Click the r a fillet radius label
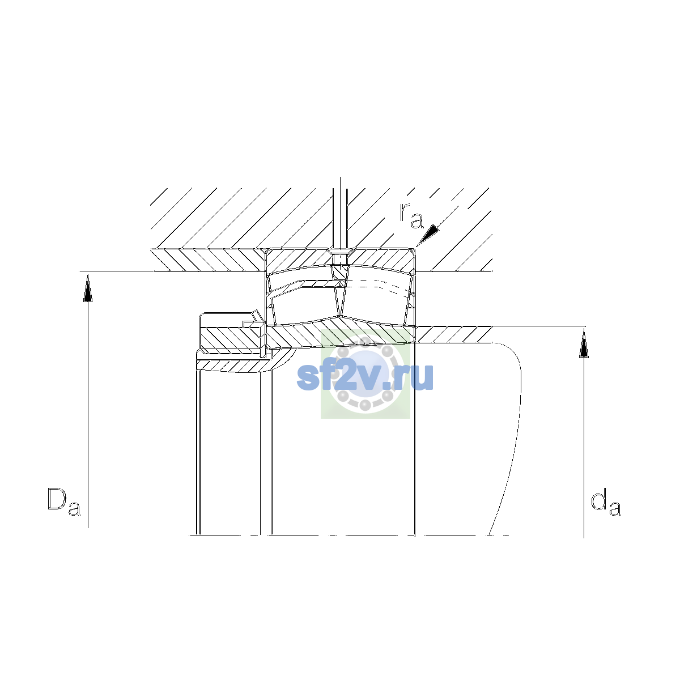pyautogui.click(x=411, y=215)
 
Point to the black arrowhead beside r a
pyautogui.click(x=428, y=234)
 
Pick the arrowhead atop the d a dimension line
pyautogui.click(x=584, y=343)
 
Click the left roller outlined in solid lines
pyautogui.click(x=304, y=303)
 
